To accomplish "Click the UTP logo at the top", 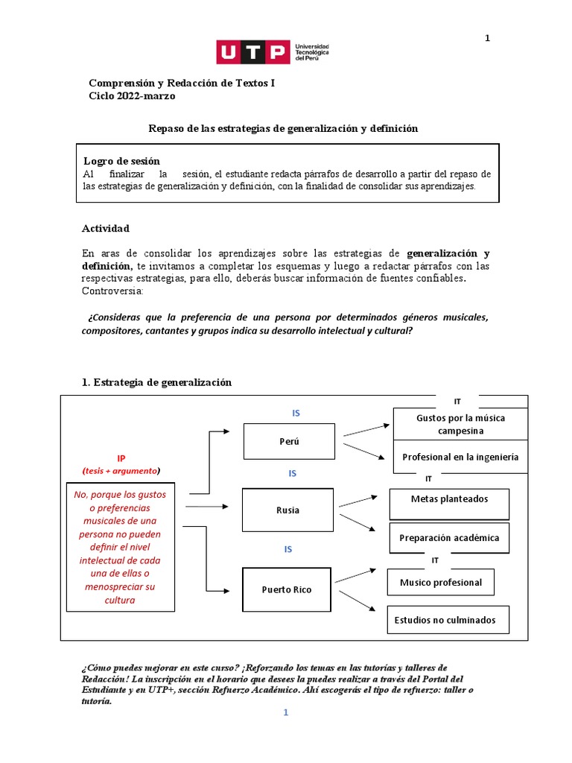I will (x=273, y=52).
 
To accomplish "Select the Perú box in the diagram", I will (x=289, y=441).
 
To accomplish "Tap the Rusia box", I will (x=287, y=510).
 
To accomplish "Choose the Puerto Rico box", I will (x=287, y=589).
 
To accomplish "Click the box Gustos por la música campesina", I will (x=460, y=424).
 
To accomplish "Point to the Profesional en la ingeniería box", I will (x=460, y=457).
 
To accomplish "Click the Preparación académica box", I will (x=449, y=537).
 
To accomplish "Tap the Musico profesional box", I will (x=441, y=582).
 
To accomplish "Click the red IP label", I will (x=121, y=458).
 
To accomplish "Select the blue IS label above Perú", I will (x=296, y=413).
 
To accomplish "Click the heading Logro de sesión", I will (x=121, y=161).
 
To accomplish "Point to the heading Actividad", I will (x=106, y=228).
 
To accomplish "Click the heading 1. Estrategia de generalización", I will (x=156, y=382).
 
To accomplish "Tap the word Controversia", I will (x=112, y=291).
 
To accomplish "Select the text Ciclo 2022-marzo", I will (x=133, y=96).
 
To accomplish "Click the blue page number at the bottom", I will (x=285, y=712).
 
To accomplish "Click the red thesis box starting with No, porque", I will (x=121, y=547).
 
